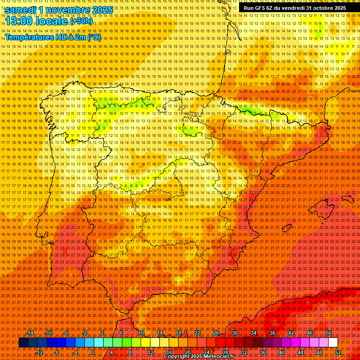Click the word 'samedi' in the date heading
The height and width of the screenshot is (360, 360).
[21, 10]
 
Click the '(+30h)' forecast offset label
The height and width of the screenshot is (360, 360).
[81, 22]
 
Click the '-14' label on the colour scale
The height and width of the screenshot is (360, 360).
[30, 333]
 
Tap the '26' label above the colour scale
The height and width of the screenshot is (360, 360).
[216, 333]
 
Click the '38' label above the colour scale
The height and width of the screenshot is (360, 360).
[272, 333]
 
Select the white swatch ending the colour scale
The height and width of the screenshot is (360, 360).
[333, 343]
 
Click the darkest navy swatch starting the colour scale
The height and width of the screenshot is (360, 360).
[23, 343]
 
